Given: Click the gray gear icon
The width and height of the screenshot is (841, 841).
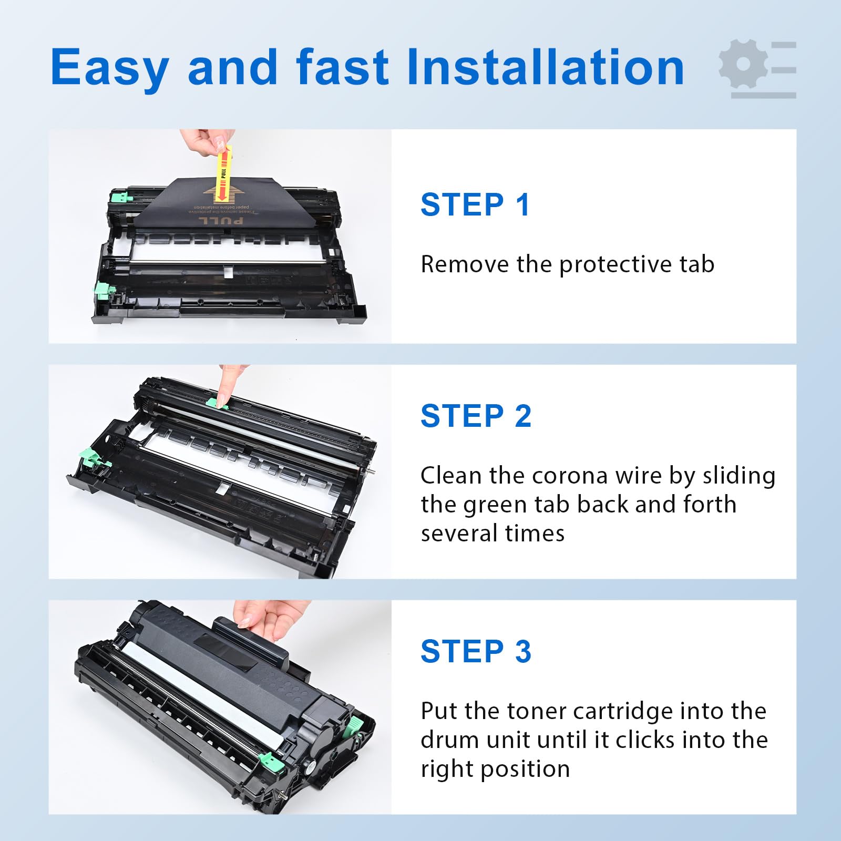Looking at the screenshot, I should point(743,64).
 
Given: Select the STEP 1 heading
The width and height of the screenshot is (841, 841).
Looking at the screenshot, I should point(475,204).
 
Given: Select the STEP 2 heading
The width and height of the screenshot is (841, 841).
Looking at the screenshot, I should point(476,416).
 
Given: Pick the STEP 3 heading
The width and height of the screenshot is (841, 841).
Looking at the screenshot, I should point(476,651).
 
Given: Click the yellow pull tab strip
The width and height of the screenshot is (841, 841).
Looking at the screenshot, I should point(223,173).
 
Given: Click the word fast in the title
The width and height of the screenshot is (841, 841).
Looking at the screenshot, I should point(342,67).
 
